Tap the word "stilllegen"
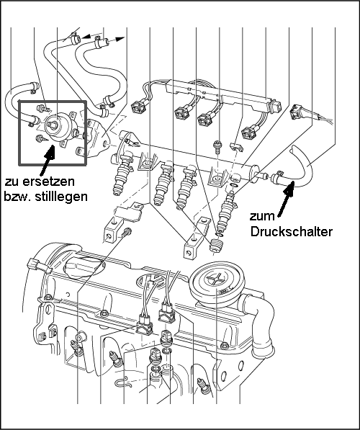62,197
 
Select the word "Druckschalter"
292,232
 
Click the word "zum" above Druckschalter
262,217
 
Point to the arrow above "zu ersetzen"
47,160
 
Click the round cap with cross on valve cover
217,283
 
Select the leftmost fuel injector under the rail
121,174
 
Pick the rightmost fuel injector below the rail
225,212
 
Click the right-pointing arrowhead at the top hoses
120,39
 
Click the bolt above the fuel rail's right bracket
217,147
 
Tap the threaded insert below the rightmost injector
216,246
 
